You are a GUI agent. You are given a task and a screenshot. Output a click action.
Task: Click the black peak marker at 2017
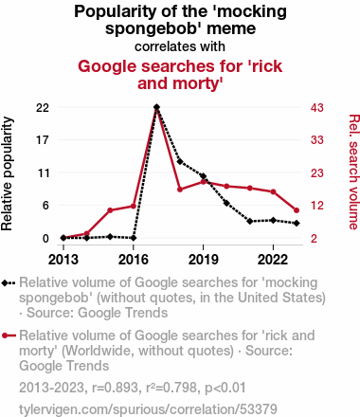coord(156,107)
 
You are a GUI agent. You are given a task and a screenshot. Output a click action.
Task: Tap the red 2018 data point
coord(180,190)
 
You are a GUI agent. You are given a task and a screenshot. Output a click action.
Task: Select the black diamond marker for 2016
coord(134,238)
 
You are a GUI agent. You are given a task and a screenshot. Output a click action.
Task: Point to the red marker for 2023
coord(297,210)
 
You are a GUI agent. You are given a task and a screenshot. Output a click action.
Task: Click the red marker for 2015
coord(110,210)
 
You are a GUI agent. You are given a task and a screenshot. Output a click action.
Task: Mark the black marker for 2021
coord(250,222)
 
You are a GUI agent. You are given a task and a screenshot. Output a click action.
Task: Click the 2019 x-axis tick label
coord(203,260)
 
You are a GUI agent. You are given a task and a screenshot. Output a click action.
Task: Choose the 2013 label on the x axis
coord(63,260)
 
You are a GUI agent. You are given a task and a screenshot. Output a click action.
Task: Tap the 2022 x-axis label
coord(273,260)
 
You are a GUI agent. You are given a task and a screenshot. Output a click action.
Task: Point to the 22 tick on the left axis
coord(43,108)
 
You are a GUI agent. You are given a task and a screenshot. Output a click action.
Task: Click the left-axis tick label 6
coord(46,206)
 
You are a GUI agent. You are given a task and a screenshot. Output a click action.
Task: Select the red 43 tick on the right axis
coord(316,108)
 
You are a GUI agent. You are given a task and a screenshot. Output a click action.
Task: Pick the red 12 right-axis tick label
coord(316,206)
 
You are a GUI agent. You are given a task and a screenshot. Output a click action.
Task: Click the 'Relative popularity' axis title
coord(7,173)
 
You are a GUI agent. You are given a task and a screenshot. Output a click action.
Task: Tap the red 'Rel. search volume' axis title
coord(353,172)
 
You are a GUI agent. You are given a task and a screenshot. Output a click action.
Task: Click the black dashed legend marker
coord(9,283)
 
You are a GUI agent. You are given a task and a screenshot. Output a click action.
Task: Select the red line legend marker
coord(9,335)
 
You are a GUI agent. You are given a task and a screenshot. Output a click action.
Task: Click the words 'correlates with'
coord(180,46)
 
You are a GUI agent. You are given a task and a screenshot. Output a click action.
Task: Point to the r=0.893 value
coord(115,388)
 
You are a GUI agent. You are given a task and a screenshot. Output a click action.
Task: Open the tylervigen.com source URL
coord(148,409)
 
